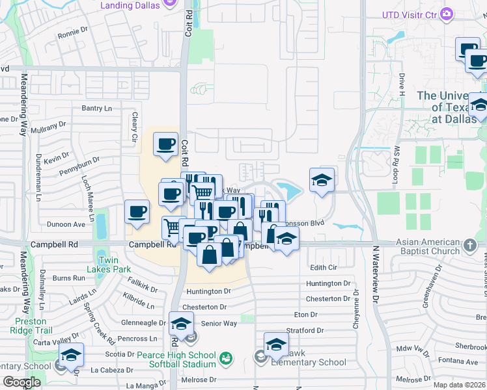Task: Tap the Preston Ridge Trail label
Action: tap(31, 326)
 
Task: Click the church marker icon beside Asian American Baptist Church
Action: tap(471, 246)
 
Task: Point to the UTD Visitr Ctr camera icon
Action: tap(447, 14)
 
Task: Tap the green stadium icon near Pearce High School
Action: tap(226, 358)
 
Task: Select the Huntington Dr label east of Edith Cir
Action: tap(328, 283)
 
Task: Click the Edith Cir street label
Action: tap(324, 267)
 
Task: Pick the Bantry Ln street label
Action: tap(97, 108)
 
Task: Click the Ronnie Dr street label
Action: tap(72, 35)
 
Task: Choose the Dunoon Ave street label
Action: tap(66, 224)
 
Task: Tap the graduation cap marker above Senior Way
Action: tap(181, 322)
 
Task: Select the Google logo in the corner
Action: tap(22, 382)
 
